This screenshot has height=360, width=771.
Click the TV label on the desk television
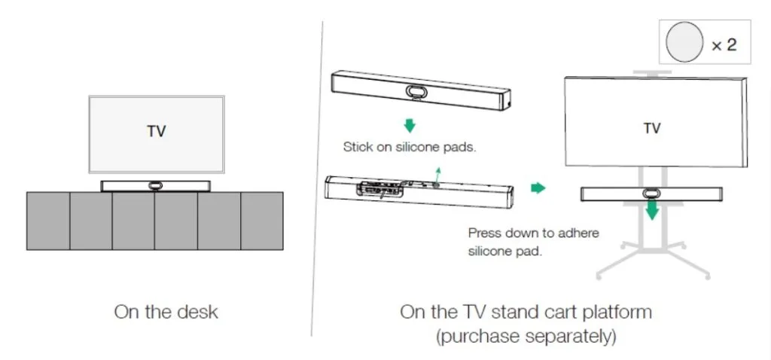(x=157, y=132)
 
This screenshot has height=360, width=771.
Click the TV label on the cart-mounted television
(x=652, y=128)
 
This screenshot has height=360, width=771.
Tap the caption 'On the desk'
(x=166, y=313)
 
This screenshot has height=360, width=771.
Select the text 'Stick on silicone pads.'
(x=410, y=147)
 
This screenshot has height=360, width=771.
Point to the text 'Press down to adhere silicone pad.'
(x=534, y=242)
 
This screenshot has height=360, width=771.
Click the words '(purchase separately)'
(x=526, y=337)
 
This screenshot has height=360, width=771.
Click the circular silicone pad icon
(x=684, y=42)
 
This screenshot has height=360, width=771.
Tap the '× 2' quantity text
(x=724, y=44)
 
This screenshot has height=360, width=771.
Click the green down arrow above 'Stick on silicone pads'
(x=409, y=126)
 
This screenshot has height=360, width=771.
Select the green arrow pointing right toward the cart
(x=538, y=188)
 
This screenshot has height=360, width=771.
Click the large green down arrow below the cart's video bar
(x=652, y=210)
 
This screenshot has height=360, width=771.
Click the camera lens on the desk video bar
(x=155, y=186)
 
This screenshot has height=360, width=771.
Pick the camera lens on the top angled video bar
(x=416, y=91)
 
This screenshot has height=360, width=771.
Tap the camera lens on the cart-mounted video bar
(x=651, y=194)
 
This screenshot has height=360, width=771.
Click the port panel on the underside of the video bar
(x=382, y=189)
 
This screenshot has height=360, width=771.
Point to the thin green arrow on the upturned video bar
(x=437, y=176)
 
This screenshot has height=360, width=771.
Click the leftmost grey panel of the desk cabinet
(x=48, y=221)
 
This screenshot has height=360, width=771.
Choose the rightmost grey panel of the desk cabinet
(x=261, y=221)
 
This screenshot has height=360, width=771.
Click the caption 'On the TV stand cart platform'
(x=526, y=313)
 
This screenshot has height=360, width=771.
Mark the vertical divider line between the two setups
(x=317, y=178)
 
